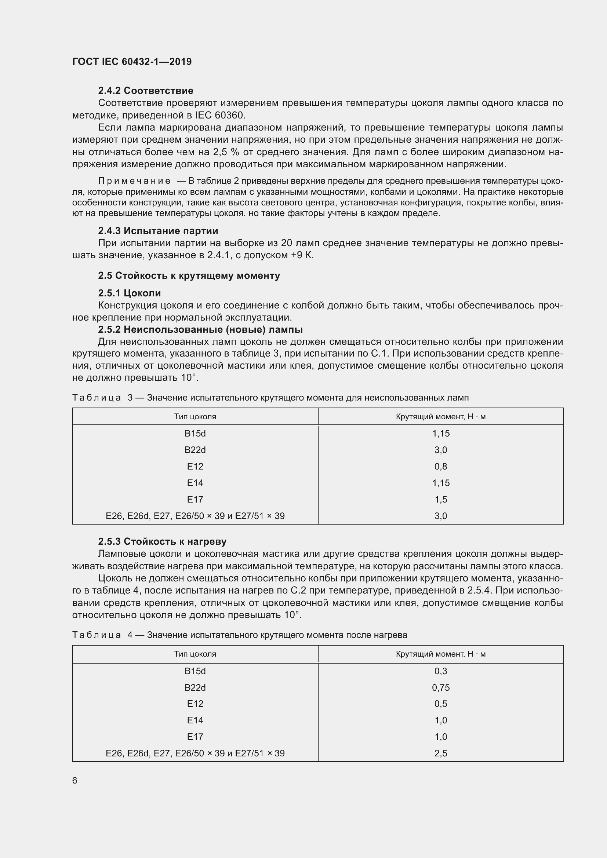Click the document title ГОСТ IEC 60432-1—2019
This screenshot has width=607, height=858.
[132, 62]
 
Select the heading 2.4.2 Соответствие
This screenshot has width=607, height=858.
[145, 91]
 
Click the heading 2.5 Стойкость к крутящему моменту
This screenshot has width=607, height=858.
[189, 275]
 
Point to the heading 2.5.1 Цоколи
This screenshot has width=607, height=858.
[129, 293]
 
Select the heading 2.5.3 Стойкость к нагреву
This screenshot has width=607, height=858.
[162, 541]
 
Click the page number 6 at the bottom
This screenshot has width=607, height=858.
[75, 780]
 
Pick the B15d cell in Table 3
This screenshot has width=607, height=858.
[195, 434]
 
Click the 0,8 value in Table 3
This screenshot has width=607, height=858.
[441, 466]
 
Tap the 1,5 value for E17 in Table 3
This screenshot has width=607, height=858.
[441, 499]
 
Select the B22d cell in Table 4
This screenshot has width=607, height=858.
[195, 687]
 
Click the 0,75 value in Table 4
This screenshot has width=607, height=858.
[441, 687]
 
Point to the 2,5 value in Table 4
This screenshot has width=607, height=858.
[441, 753]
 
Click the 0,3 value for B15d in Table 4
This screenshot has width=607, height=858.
[441, 671]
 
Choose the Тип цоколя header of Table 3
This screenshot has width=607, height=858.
[195, 417]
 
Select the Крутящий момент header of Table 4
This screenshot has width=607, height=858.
[441, 654]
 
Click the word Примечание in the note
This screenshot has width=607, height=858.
[134, 181]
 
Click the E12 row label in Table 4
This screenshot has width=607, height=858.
[195, 704]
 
